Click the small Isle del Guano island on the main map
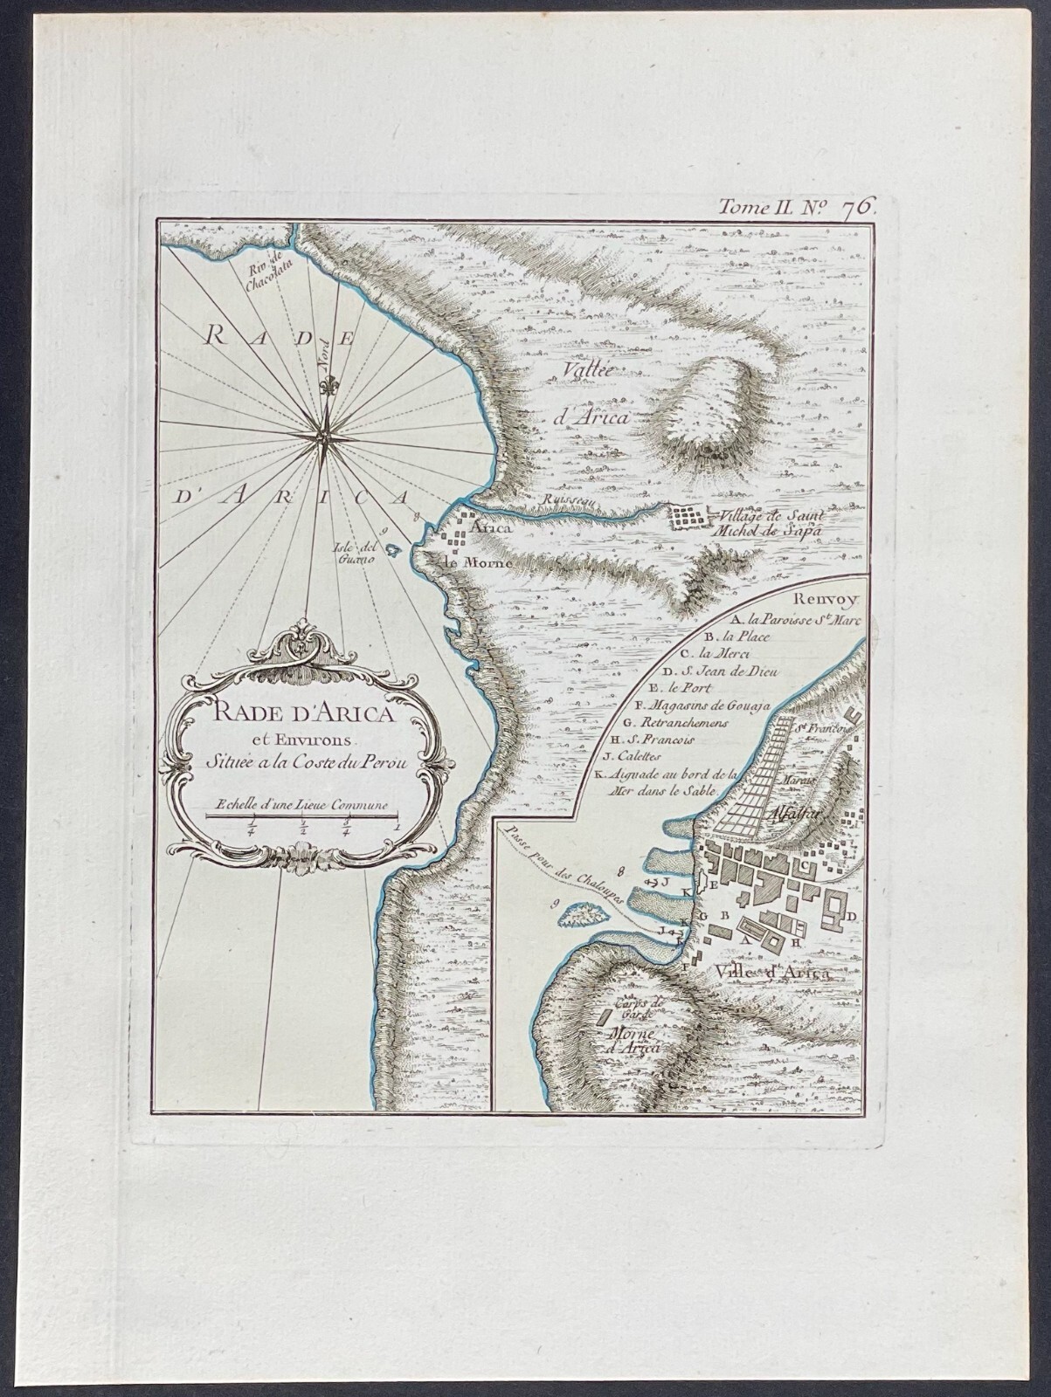(x=393, y=552)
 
